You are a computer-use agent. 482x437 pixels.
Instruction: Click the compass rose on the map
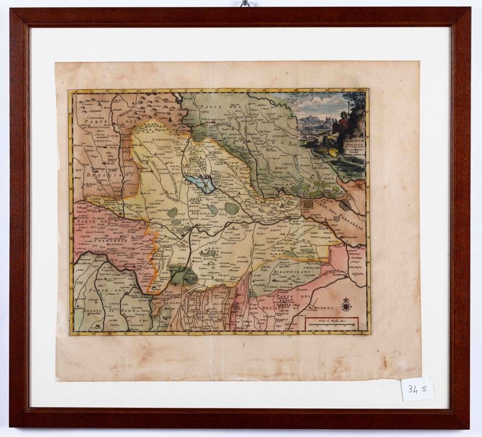coord(346,305)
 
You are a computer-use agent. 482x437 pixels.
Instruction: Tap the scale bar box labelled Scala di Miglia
coord(332,322)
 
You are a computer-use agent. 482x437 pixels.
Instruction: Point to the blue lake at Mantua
coord(201,183)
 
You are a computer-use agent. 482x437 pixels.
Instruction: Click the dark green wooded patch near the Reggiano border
coord(183,275)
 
